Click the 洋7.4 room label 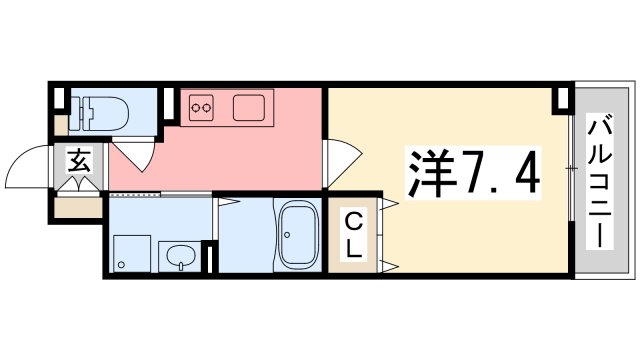coord(473,172)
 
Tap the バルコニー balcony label coord(600,182)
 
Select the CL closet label coord(353,236)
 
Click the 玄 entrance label coord(79,160)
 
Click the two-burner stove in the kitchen coord(201,108)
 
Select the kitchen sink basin coord(249,108)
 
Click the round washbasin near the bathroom coord(180,257)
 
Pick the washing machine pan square coord(132,253)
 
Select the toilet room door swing coord(136,156)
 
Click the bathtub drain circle coord(287,235)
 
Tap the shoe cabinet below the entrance coord(78,207)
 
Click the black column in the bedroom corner coord(563,100)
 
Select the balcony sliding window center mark coord(571,168)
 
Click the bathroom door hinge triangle coord(229,201)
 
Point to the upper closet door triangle coord(389,204)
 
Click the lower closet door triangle coord(389,267)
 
